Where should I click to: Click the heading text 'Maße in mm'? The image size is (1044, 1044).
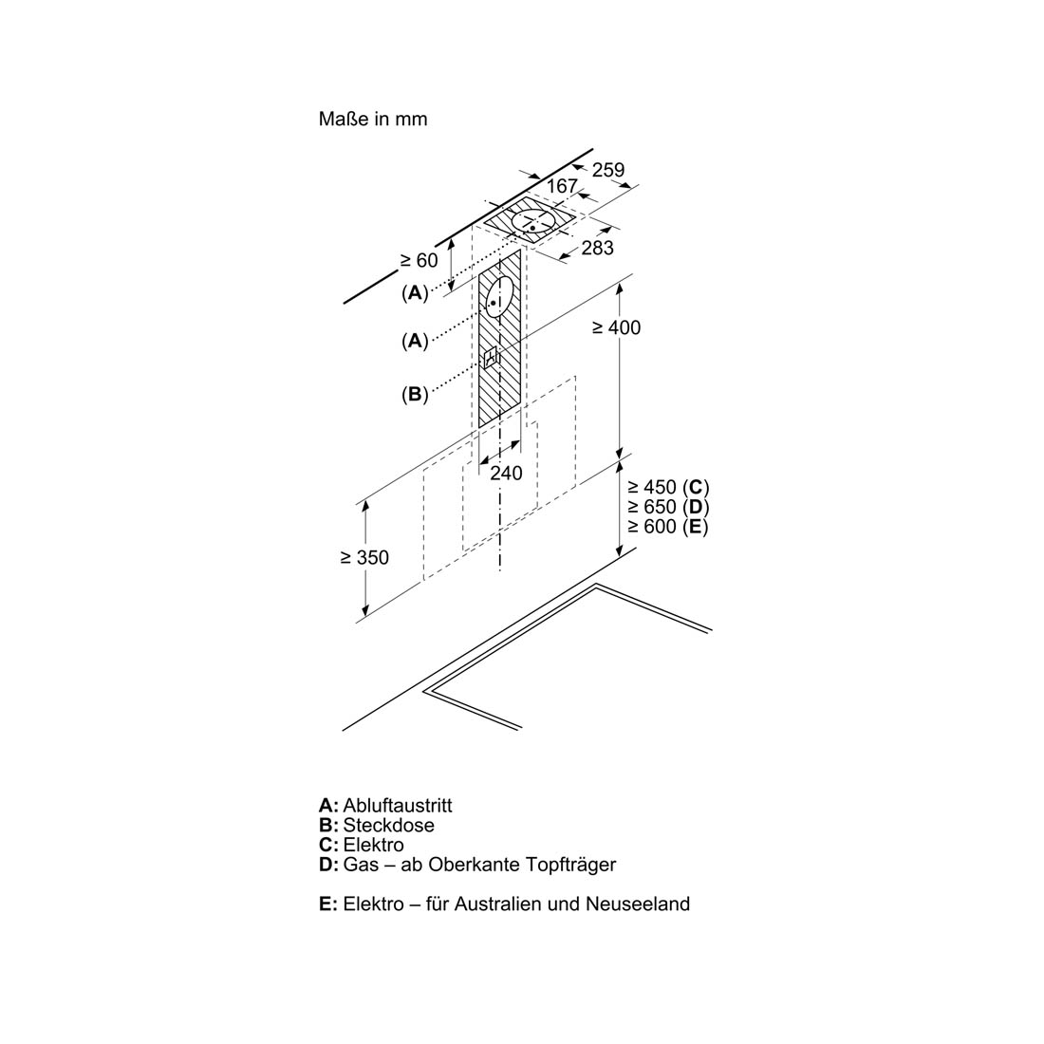(373, 120)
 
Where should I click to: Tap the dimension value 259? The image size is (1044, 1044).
(608, 170)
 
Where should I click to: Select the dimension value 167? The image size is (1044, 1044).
(562, 186)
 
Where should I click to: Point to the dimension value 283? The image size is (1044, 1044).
(597, 248)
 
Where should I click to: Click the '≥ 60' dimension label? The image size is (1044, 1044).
(419, 260)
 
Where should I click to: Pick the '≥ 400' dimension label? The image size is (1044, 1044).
(616, 327)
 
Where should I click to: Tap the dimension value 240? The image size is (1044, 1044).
(506, 474)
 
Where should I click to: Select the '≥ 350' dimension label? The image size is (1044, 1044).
(364, 557)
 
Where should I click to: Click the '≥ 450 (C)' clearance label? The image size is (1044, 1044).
(668, 487)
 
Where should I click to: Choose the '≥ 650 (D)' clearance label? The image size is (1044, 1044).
(668, 507)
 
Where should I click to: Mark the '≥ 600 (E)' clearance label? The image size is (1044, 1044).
(667, 527)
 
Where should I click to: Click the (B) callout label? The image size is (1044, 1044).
(414, 394)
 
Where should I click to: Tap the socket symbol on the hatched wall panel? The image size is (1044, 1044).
(493, 359)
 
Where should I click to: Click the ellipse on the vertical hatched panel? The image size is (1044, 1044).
(499, 296)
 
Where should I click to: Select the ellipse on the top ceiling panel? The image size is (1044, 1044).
(535, 220)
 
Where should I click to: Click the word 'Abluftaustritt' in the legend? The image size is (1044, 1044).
(398, 806)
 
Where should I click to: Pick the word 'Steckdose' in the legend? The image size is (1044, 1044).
(389, 826)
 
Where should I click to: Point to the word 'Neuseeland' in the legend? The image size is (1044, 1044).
(638, 904)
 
